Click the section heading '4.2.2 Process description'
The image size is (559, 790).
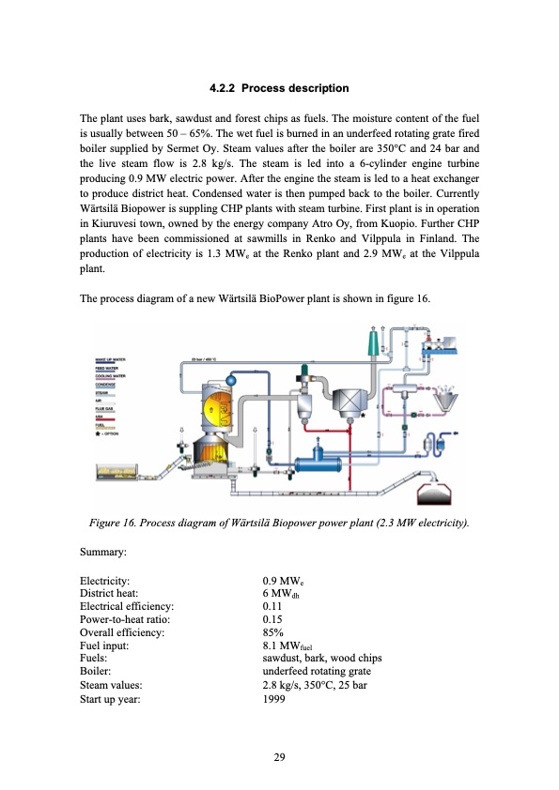tap(279, 88)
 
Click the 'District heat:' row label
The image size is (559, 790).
tap(109, 594)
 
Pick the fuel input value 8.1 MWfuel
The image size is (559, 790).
tap(287, 646)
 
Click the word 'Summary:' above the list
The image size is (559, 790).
tap(103, 555)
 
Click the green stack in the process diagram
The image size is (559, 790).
tap(373, 342)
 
